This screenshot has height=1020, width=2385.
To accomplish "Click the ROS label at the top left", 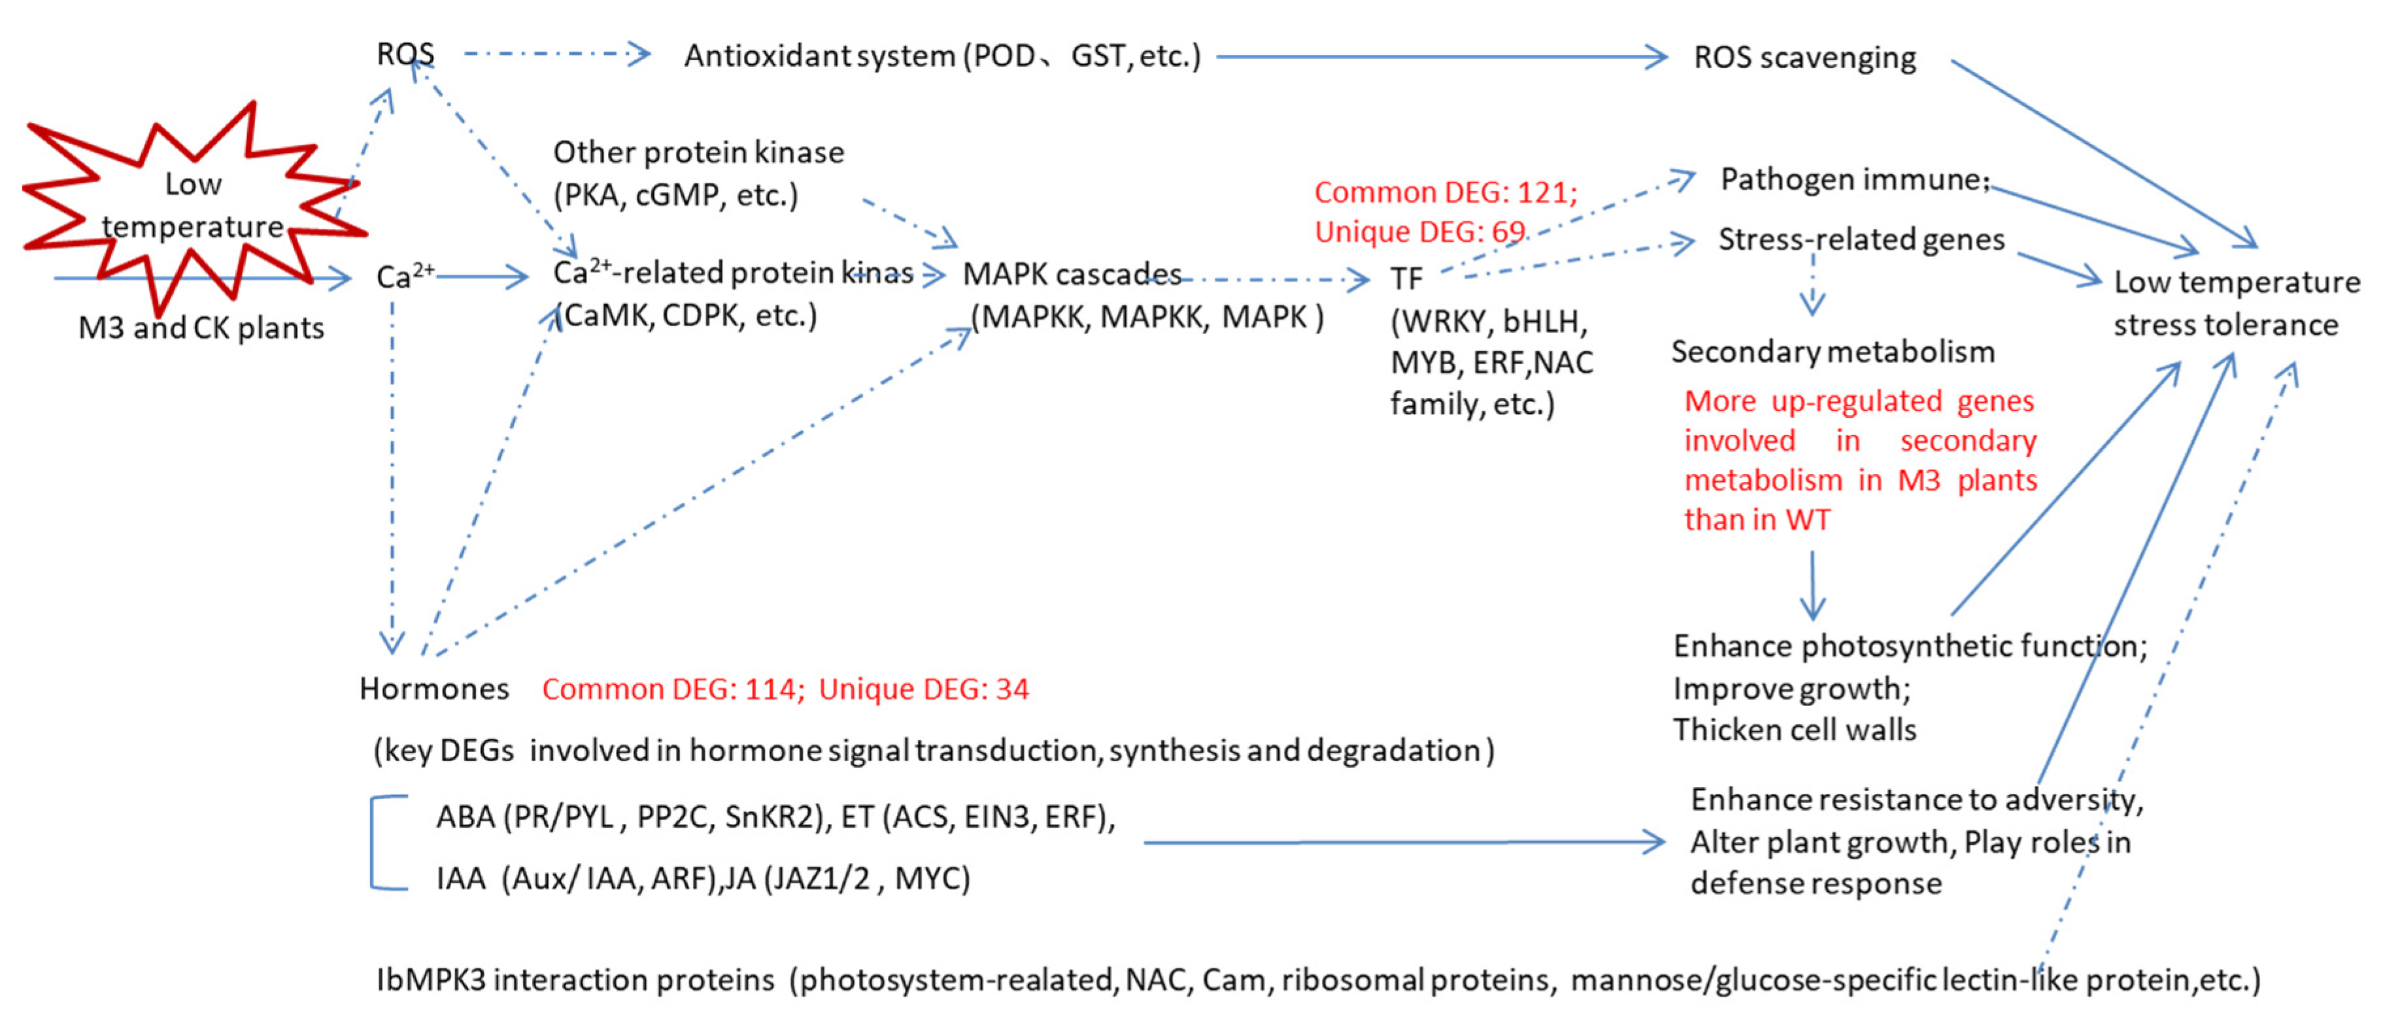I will click(x=405, y=54).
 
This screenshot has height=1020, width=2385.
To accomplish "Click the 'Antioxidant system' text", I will click(x=819, y=56).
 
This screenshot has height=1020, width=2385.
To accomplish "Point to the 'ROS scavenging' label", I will click(x=1804, y=58).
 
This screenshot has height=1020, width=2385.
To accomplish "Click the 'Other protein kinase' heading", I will click(x=698, y=152).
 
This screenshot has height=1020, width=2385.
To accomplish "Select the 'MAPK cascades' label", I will click(x=1071, y=274).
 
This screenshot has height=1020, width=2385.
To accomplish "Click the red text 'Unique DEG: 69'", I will click(x=1419, y=231).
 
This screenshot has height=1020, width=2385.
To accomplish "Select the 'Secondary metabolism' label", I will click(x=1833, y=352).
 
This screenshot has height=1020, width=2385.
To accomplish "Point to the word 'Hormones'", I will click(x=433, y=688).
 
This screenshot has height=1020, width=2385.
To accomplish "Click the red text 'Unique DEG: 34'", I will click(x=923, y=688).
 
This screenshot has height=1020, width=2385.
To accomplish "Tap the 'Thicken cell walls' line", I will click(x=1793, y=729).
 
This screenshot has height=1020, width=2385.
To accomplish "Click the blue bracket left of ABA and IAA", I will click(x=374, y=842).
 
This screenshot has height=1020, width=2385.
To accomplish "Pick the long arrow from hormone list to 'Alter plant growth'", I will click(x=1402, y=842).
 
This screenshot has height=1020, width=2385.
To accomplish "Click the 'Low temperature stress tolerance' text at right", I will click(x=2235, y=303).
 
